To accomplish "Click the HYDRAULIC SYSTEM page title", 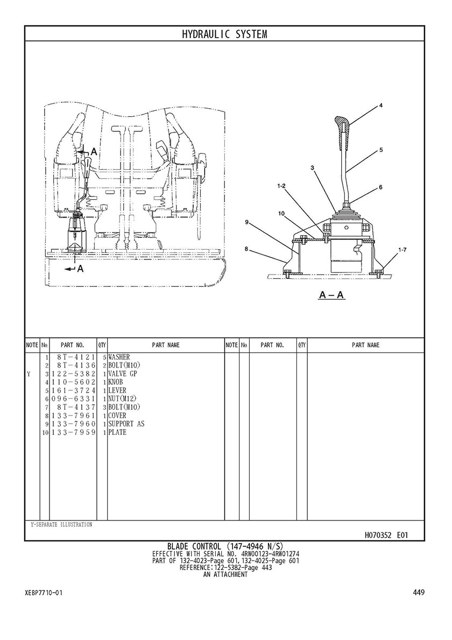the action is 224,34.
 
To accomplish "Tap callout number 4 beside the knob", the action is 380,106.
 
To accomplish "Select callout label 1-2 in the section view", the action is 281,186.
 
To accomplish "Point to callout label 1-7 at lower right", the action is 402,250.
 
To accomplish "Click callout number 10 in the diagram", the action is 281,213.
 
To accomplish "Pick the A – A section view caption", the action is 331,294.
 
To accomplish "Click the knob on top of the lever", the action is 341,135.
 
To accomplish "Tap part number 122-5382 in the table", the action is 73,374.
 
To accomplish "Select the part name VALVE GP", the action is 122,374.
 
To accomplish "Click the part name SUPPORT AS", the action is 126,424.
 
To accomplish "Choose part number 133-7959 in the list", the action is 73,432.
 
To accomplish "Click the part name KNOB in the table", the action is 116,382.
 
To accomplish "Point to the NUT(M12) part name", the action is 122,399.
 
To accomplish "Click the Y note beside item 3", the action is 29,374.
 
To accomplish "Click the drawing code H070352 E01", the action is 386,535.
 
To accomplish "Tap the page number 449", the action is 419,592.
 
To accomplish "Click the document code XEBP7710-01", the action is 44,592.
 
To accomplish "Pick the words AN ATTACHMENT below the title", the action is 225,574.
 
